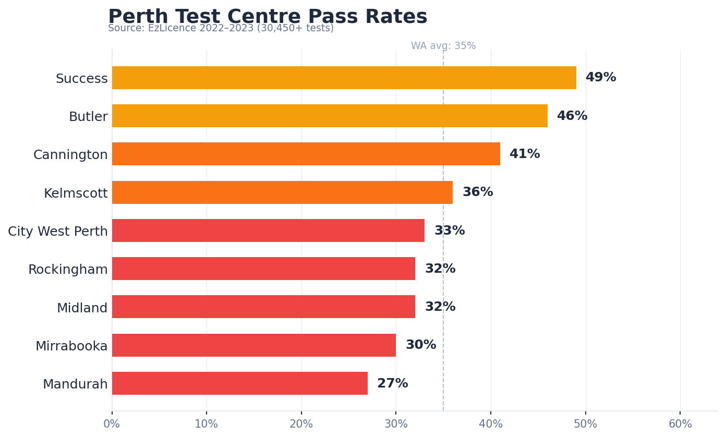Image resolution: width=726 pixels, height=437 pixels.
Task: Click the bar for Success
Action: tap(344, 78)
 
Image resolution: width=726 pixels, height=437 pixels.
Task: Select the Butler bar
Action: tap(330, 116)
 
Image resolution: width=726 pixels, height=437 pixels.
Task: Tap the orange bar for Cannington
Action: tap(306, 154)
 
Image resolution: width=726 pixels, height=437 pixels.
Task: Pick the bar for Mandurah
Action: tap(239, 383)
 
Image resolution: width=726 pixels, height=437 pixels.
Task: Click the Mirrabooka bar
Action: tap(253, 345)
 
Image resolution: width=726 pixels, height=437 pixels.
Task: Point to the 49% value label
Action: tap(600, 78)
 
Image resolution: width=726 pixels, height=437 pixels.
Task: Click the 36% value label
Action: tap(477, 192)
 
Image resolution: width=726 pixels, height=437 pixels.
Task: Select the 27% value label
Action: tap(392, 384)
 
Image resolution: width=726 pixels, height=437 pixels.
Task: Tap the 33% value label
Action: tap(449, 230)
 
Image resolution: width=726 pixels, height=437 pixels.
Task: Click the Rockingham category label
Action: tap(68, 270)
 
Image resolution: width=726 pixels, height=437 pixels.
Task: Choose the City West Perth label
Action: tap(58, 232)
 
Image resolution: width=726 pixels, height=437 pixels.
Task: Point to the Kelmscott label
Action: tap(76, 193)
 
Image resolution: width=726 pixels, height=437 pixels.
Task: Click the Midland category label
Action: tap(82, 308)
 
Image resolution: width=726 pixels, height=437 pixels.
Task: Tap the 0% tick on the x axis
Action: tap(112, 424)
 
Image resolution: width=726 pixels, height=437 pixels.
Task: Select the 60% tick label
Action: tap(680, 424)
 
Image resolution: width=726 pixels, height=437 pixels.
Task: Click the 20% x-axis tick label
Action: tap(301, 424)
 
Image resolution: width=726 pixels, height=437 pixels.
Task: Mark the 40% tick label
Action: tap(491, 424)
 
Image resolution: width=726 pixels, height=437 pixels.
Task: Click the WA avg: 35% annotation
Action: tap(443, 46)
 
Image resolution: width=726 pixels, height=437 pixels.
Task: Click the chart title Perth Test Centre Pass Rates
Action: tap(268, 17)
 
